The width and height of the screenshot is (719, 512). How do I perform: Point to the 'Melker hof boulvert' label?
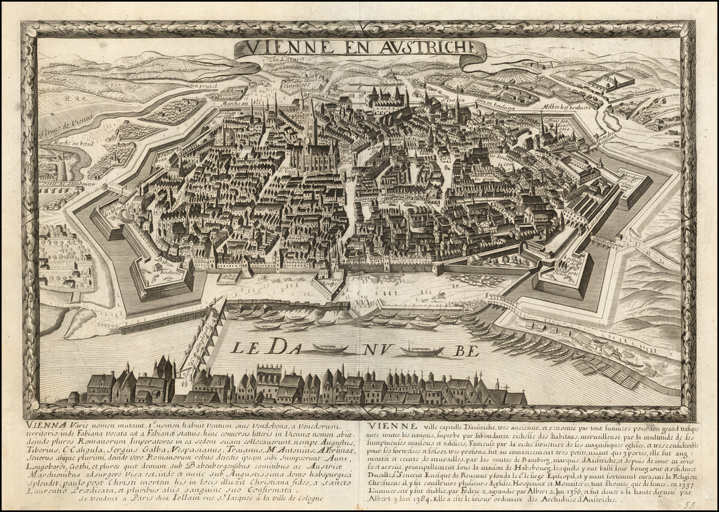[565, 108]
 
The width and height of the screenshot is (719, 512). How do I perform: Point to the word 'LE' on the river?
[244, 347]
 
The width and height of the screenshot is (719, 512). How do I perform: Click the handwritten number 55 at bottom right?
[690, 502]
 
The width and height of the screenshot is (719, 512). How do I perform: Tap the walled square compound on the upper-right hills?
[611, 82]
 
